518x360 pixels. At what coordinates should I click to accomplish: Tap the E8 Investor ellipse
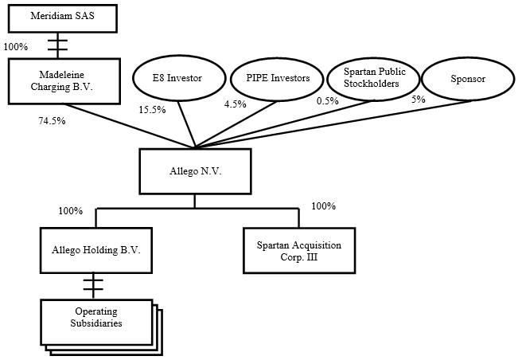(177, 79)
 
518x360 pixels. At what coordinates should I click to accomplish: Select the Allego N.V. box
(195, 171)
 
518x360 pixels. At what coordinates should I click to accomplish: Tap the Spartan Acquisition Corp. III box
(298, 249)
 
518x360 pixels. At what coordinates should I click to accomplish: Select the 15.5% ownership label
(153, 109)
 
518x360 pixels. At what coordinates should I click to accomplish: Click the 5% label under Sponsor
(418, 100)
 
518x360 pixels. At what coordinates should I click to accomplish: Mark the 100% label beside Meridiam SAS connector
(16, 46)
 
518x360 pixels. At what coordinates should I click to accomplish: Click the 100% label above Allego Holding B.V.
(70, 211)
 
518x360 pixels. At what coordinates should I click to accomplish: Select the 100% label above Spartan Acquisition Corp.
(324, 206)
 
